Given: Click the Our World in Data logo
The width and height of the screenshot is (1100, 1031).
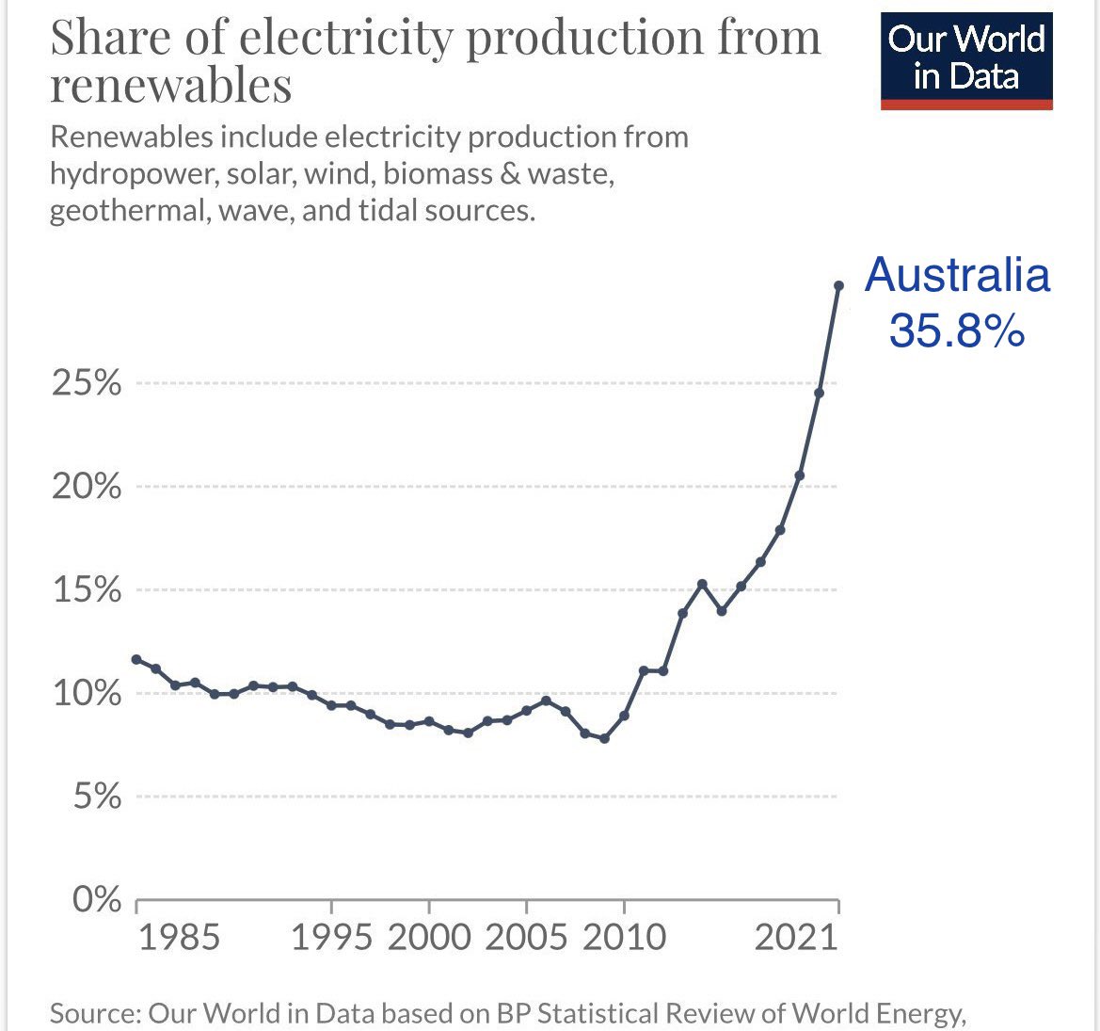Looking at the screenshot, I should pyautogui.click(x=966, y=58).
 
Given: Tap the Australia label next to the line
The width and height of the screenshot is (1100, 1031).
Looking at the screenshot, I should pyautogui.click(x=957, y=275).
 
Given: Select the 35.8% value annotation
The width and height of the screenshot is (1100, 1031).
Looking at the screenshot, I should pyautogui.click(x=957, y=330).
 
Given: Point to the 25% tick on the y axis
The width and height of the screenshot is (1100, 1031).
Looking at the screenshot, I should pyautogui.click(x=87, y=383).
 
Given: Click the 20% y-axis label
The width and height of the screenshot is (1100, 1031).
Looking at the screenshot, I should pyautogui.click(x=87, y=487).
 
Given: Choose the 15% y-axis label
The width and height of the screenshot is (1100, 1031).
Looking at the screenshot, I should pyautogui.click(x=87, y=590).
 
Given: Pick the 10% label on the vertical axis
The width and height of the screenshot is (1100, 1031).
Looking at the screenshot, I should pyautogui.click(x=87, y=694).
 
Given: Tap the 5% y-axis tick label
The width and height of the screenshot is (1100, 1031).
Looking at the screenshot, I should pyautogui.click(x=94, y=797).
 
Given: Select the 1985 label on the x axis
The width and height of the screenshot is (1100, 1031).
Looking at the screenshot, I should pyautogui.click(x=179, y=938).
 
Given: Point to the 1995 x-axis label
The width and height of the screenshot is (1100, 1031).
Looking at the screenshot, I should pyautogui.click(x=331, y=938).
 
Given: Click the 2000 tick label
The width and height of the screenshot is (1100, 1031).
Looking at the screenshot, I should pyautogui.click(x=429, y=938).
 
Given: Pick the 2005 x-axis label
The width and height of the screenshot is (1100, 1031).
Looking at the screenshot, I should pyautogui.click(x=526, y=938).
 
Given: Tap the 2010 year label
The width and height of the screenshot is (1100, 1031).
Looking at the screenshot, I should pyautogui.click(x=623, y=938).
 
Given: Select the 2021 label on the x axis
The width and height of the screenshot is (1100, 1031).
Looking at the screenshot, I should pyautogui.click(x=796, y=938).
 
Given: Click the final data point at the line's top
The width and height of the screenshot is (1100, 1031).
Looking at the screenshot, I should pyautogui.click(x=838, y=285).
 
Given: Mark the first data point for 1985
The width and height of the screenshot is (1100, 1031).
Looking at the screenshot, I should pyautogui.click(x=136, y=659).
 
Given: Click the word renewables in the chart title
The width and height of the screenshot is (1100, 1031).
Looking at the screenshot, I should pyautogui.click(x=170, y=86).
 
